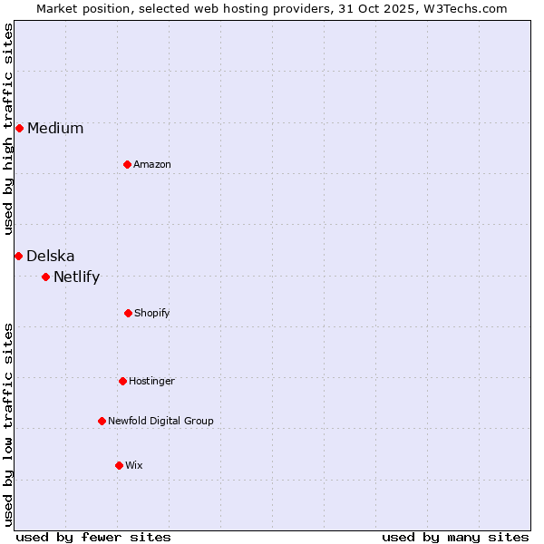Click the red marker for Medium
(19, 128)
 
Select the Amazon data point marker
(128, 164)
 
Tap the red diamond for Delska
(18, 256)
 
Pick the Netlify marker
(45, 277)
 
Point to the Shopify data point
(128, 313)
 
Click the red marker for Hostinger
(122, 381)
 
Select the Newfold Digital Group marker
(102, 421)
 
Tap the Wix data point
(119, 465)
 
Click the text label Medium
(55, 128)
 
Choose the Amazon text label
(152, 164)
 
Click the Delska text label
(51, 256)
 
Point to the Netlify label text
(76, 277)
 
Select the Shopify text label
(152, 313)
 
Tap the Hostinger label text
(151, 381)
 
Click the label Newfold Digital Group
(160, 421)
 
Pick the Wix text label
(134, 465)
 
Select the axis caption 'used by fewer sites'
(93, 537)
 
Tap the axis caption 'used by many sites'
(455, 537)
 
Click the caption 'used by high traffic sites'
(8, 130)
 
